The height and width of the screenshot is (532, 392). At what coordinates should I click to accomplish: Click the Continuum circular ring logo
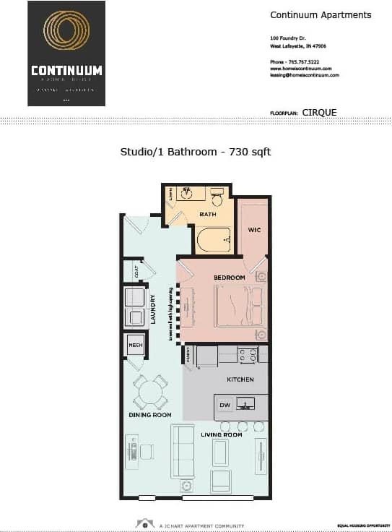(66, 34)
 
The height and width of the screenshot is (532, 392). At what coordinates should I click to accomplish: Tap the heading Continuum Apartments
(321, 15)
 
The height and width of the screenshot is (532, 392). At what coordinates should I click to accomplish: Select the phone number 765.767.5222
(309, 62)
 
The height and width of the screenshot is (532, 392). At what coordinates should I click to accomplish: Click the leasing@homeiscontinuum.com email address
(305, 75)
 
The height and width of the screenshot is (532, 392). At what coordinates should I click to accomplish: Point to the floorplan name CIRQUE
(319, 112)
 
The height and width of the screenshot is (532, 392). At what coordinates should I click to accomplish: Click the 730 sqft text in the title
(250, 152)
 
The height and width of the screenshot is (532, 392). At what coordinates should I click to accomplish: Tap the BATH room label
(209, 214)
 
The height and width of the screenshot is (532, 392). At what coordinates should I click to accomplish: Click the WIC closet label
(253, 231)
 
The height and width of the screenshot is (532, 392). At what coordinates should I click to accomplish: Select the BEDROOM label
(230, 278)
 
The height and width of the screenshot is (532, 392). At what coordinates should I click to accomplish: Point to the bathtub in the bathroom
(214, 238)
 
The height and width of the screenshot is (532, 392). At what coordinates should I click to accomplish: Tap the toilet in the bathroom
(217, 196)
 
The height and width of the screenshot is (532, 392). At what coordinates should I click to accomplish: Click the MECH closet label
(135, 346)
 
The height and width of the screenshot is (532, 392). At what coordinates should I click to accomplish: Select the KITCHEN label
(240, 379)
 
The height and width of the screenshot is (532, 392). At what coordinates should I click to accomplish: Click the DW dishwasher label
(225, 406)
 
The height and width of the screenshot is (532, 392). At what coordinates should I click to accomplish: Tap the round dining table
(150, 392)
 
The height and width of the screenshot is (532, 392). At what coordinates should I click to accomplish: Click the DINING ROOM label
(150, 415)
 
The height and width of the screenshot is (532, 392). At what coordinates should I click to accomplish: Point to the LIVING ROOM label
(221, 434)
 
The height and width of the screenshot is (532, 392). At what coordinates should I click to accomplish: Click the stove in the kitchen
(248, 355)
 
